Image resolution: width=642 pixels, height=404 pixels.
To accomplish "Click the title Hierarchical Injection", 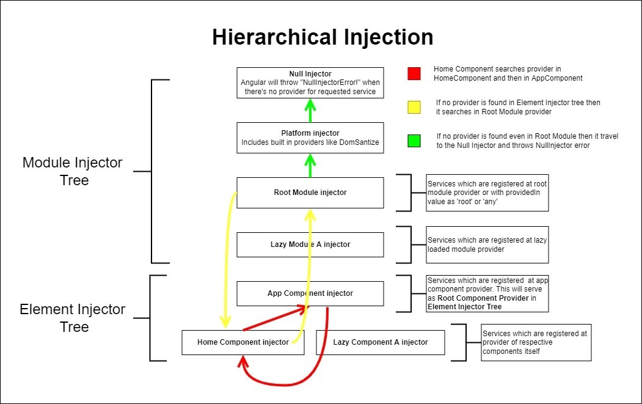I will point(323,37).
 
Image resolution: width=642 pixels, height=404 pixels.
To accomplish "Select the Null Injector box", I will point(310,83).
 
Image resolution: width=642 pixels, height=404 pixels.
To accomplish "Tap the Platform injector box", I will point(310,138).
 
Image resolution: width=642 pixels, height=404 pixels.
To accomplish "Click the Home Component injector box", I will point(243,342).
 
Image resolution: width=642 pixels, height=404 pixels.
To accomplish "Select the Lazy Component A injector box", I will point(380,342).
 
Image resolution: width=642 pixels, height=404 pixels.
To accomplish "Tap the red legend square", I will point(414,74).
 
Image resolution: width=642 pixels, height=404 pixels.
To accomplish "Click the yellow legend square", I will point(414,108).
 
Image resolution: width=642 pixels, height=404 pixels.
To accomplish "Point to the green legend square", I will point(414,141).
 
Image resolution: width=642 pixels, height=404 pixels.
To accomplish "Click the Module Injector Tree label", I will point(72,172).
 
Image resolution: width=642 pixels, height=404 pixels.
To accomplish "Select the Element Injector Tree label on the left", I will point(72,318).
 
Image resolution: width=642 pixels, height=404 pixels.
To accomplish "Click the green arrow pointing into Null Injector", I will point(310,111).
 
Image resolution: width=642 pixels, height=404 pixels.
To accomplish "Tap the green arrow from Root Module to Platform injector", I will point(310,165).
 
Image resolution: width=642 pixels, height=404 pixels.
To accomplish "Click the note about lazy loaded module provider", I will point(487,244).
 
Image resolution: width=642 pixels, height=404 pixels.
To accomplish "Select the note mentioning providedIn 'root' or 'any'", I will point(487,193).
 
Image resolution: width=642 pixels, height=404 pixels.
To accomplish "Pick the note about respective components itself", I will point(536,342).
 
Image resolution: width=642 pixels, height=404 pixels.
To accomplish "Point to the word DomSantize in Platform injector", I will point(360,142).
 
